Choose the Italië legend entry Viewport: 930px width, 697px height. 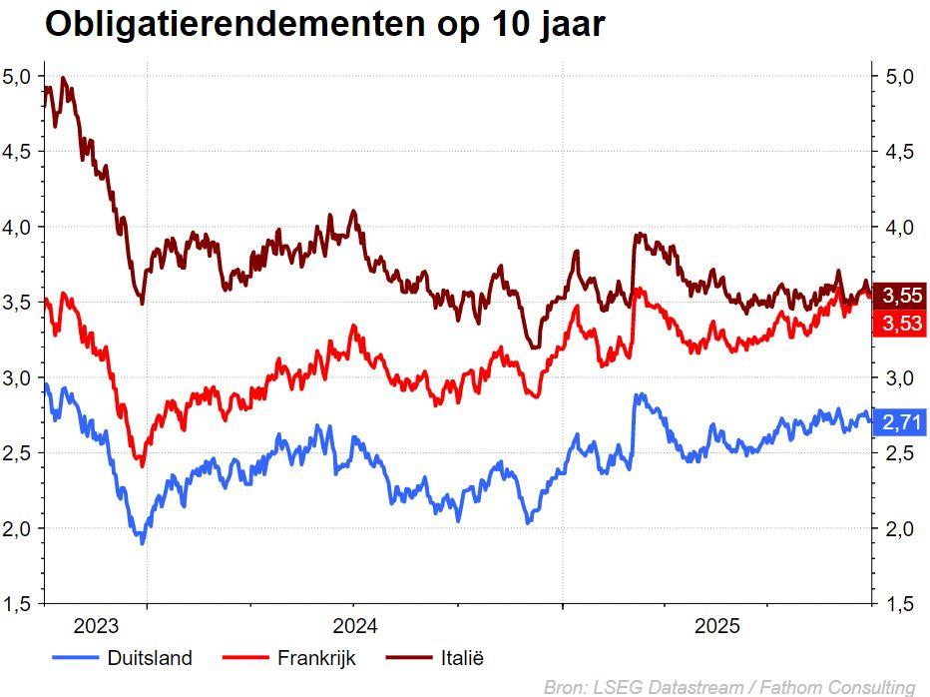click(461, 657)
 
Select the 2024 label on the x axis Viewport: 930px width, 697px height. click(354, 627)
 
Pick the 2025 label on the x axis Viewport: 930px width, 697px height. click(716, 627)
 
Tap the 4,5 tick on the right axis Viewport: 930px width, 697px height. click(899, 152)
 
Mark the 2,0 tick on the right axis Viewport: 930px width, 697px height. click(899, 528)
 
